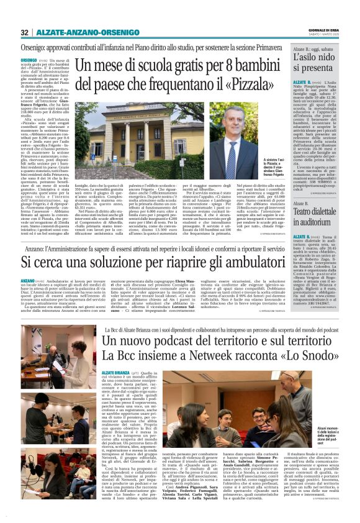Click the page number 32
click(24, 32)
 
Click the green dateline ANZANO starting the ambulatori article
click(31, 281)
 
